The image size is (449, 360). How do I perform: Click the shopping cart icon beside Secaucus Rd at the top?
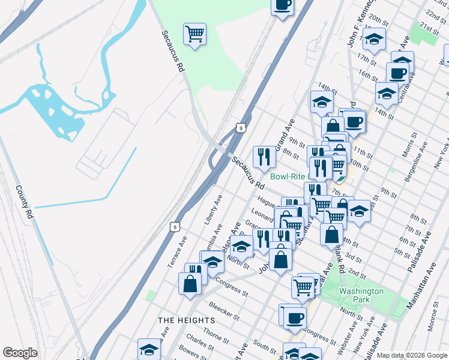click(x=194, y=34)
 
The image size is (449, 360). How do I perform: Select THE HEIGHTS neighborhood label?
click(x=186, y=320)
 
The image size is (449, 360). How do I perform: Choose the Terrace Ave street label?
click(x=177, y=251)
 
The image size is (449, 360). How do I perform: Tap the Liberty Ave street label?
click(x=213, y=209)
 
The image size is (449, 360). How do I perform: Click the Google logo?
click(x=20, y=353)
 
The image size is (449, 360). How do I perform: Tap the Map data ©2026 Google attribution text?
click(x=412, y=355)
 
